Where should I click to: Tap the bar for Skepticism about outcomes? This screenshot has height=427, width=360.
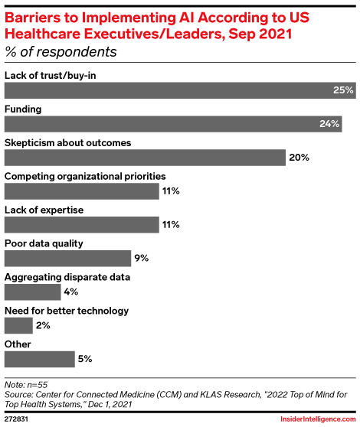click(x=145, y=158)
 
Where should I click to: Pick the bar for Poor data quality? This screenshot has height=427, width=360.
click(x=67, y=258)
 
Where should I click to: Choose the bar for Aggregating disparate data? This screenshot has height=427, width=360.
click(x=32, y=292)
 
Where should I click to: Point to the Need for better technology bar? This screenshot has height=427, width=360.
click(x=18, y=325)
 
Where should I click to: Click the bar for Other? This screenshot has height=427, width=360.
click(x=39, y=359)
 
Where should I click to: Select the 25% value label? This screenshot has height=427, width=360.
click(x=342, y=90)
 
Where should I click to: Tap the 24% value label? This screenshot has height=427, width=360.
click(x=330, y=124)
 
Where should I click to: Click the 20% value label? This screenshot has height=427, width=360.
click(x=299, y=158)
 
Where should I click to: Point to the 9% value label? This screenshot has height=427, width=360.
click(x=142, y=258)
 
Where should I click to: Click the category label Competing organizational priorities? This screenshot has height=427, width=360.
click(x=85, y=176)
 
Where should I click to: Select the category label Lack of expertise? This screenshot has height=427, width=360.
click(x=44, y=210)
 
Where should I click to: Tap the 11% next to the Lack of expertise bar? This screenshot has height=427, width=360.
click(x=170, y=225)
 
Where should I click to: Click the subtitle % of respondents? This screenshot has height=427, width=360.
click(x=61, y=52)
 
